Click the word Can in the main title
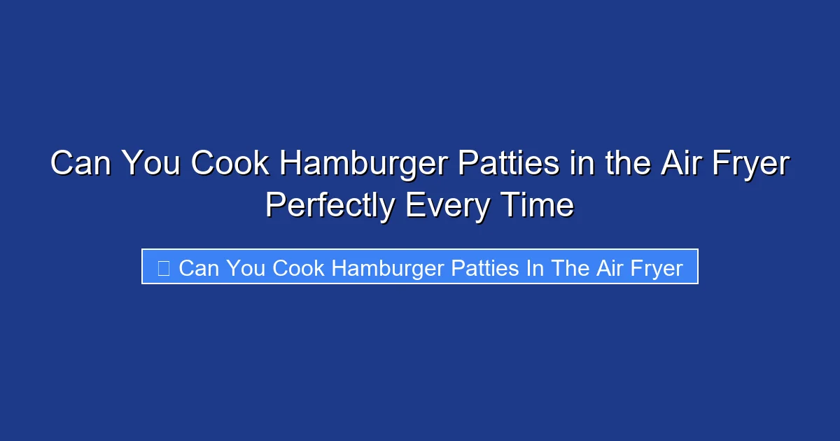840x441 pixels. (x=81, y=164)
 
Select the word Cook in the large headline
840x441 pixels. (x=230, y=164)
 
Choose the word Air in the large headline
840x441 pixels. (x=677, y=164)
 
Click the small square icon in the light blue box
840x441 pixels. (x=164, y=267)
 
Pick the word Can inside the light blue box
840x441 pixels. (x=199, y=267)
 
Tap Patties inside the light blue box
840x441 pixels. (x=484, y=267)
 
